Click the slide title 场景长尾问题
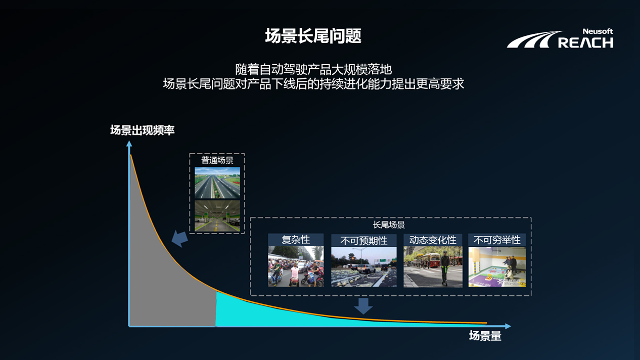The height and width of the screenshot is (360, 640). tap(313, 36)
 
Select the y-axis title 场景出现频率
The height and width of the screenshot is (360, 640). tap(142, 130)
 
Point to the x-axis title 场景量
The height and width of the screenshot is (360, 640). tap(485, 336)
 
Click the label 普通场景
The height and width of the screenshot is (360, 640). tap(217, 160)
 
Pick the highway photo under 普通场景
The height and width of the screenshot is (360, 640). tap(217, 183)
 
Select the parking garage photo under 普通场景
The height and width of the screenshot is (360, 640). tap(217, 216)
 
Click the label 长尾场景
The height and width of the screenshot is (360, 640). tap(389, 225)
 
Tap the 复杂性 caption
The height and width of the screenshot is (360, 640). tap(296, 240)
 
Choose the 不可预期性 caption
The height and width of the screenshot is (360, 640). tap(363, 241)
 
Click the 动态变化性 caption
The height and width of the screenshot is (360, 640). tap(433, 240)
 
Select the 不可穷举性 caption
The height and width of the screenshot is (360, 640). tap(497, 240)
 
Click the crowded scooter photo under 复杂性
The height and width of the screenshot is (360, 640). tap(296, 266)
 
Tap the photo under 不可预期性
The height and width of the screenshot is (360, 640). tap(363, 267)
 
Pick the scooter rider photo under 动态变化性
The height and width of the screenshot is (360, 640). tap(433, 267)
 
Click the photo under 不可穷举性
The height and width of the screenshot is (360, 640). tap(497, 267)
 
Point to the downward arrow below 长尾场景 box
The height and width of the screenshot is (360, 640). tap(363, 305)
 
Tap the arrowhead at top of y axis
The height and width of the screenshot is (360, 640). tap(129, 144)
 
